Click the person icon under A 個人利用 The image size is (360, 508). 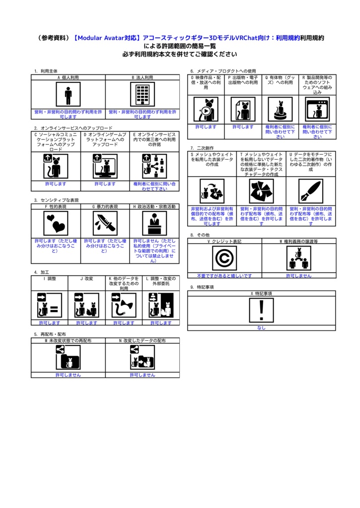point(68,94)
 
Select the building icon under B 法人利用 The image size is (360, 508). point(143,94)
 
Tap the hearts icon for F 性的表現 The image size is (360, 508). point(56,223)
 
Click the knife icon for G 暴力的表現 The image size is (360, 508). point(105,223)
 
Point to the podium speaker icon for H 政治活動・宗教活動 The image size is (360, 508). point(154,223)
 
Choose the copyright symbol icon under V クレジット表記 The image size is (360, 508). point(224,258)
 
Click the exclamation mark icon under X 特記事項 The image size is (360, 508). point(261,311)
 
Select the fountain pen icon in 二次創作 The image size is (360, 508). point(310,191)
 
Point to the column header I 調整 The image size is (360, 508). point(49,279)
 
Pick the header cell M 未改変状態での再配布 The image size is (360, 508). point(68,341)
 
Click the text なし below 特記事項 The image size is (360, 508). point(261,327)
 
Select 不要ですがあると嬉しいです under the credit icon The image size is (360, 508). point(224,275)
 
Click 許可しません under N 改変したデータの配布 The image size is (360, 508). point(143,375)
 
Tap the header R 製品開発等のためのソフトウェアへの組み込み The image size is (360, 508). point(317,85)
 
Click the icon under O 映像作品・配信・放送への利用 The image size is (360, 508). point(206,109)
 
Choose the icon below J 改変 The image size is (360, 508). point(86,305)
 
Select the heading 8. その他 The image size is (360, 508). point(200,235)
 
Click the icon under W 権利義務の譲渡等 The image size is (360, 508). point(298,258)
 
